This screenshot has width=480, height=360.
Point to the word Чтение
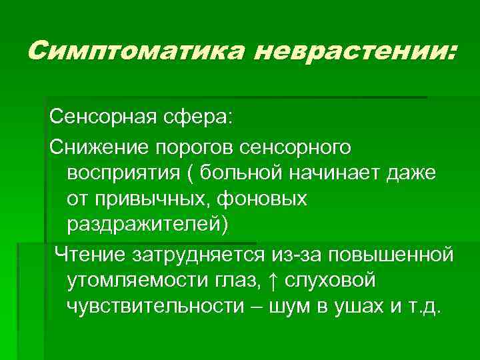point(89,254)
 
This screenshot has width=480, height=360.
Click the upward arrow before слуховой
point(276,281)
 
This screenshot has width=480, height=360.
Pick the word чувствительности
point(155,307)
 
